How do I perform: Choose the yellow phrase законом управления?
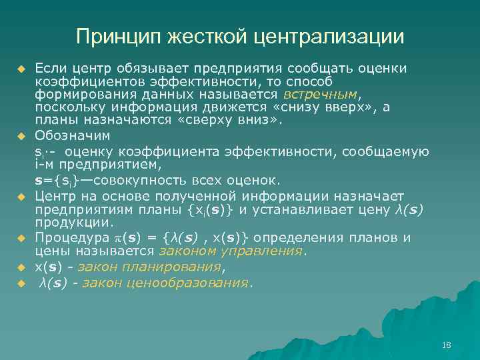coord(231,252)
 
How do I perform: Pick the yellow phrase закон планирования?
coord(148,267)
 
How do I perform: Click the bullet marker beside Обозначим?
coord(21,136)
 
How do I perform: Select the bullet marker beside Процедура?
coord(21,239)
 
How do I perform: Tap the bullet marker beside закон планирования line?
coord(21,268)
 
